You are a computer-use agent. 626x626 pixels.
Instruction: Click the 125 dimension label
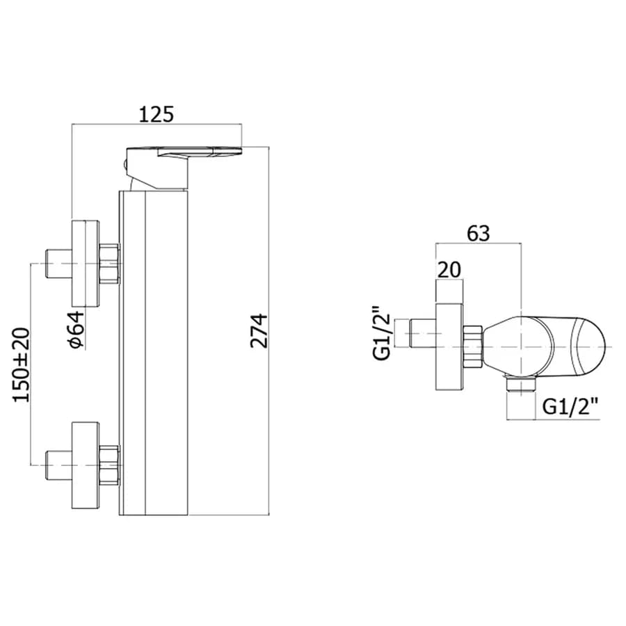[x=156, y=114]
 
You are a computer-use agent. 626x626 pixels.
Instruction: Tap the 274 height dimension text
[x=259, y=330]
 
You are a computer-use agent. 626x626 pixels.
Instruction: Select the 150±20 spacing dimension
[x=22, y=364]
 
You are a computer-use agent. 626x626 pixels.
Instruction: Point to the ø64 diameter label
[x=77, y=330]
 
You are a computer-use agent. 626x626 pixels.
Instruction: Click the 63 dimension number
[x=479, y=233]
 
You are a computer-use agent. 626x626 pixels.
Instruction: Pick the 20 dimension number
[x=449, y=270]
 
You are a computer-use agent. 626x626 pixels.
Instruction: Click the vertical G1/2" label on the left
[x=381, y=332]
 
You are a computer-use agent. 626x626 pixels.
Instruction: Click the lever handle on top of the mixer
[x=184, y=168]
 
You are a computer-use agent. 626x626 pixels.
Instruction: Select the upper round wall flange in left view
[x=85, y=264]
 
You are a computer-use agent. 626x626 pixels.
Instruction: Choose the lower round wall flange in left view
[x=85, y=465]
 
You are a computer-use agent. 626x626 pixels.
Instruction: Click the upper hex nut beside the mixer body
[x=109, y=264]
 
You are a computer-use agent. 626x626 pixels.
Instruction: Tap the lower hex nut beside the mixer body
[x=109, y=465]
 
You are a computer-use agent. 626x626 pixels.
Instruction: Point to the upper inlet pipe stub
[x=59, y=264]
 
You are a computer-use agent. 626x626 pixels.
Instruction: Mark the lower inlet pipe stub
[x=59, y=465]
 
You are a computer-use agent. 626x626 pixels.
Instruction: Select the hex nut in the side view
[x=473, y=346]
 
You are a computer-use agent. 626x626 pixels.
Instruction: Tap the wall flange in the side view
[x=449, y=346]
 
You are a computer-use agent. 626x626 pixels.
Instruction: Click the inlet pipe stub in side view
[x=422, y=333]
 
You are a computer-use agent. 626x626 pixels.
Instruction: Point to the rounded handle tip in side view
[x=590, y=346]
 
